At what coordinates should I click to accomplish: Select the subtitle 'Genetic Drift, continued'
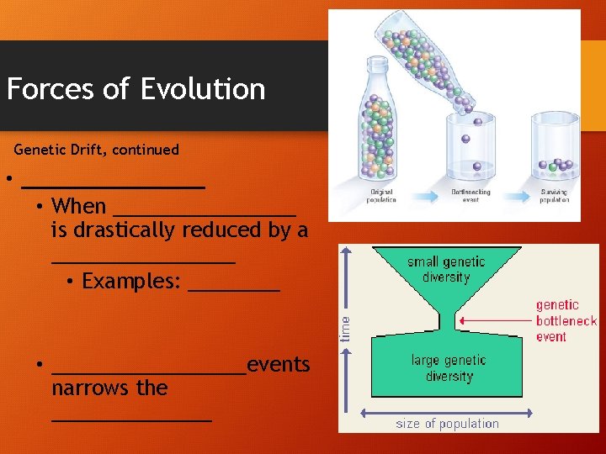click(97, 150)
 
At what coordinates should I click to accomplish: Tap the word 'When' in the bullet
click(78, 206)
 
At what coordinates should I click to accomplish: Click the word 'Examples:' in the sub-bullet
click(131, 281)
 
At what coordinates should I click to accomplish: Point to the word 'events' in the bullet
click(279, 364)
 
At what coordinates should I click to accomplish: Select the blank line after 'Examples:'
click(233, 286)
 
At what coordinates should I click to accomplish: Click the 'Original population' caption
click(380, 196)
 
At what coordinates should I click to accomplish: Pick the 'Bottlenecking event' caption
click(470, 196)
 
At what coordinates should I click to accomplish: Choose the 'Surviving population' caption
click(554, 196)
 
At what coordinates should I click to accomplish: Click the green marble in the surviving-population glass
click(553, 167)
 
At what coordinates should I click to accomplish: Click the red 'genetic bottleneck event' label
click(566, 320)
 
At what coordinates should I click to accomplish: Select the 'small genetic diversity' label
click(446, 270)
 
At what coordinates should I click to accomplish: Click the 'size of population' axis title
click(447, 424)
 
